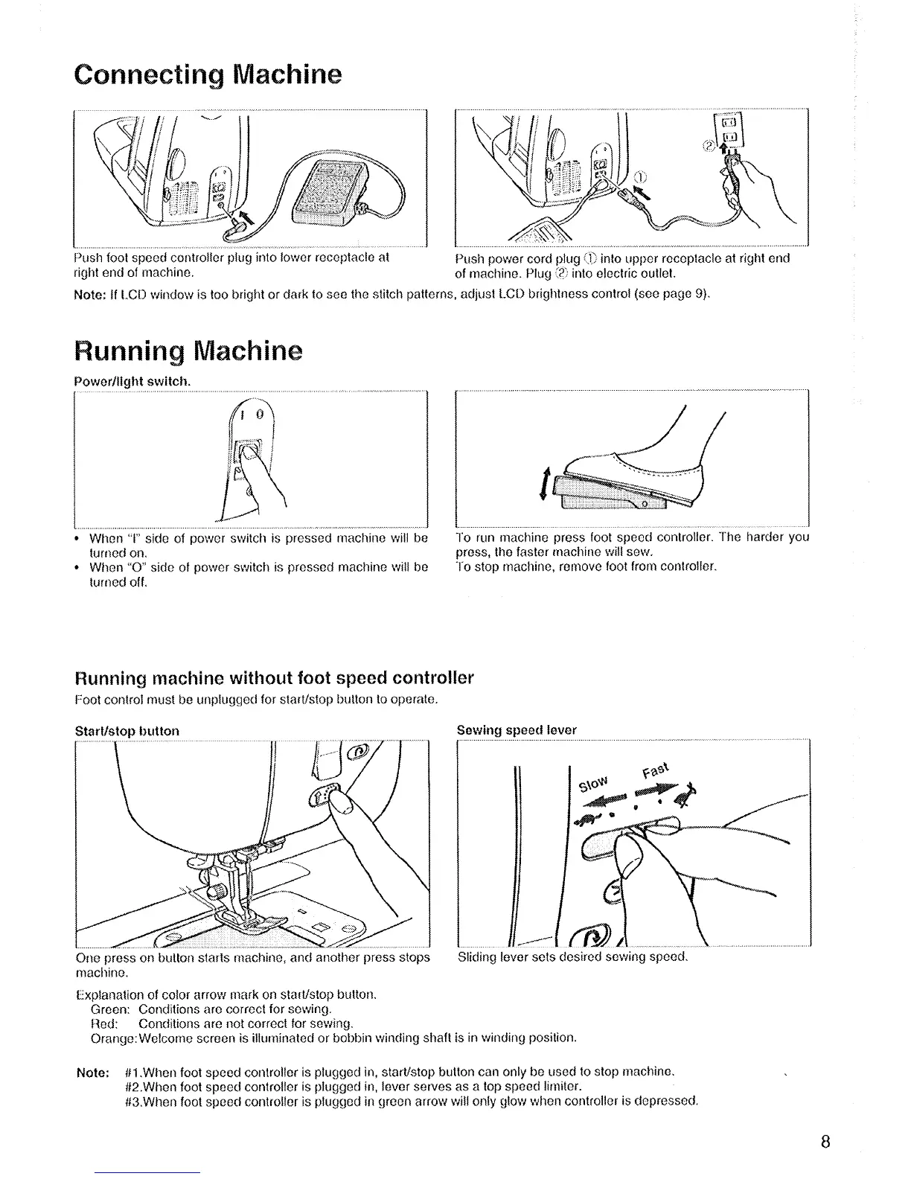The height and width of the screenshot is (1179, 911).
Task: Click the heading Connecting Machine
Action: click(x=208, y=75)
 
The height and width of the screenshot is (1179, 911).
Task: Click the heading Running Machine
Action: click(x=188, y=351)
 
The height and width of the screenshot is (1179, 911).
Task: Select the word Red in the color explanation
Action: click(x=101, y=1024)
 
